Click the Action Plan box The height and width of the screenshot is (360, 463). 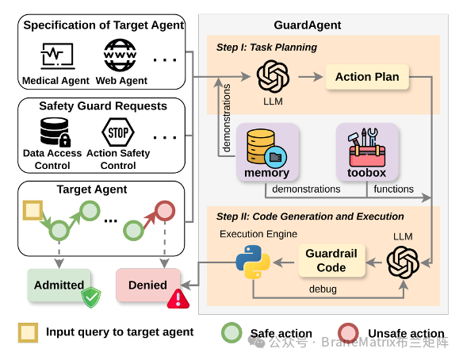367,77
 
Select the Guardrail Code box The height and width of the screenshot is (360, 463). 331,260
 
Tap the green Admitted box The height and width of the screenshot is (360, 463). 59,285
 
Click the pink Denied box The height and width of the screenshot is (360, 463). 148,285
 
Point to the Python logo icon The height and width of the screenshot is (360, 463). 253,262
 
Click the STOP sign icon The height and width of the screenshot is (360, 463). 118,132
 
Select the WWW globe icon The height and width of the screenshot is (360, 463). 120,55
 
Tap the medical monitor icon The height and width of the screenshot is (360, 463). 57,56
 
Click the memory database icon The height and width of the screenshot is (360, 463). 266,147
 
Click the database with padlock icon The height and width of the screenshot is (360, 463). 55,132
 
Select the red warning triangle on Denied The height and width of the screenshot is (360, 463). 178,299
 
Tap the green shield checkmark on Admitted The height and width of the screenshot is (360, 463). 91,297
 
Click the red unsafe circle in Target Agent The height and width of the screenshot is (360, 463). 165,211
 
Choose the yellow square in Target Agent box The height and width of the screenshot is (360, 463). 33,210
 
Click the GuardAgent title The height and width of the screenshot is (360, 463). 308,25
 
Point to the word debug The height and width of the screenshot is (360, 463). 323,289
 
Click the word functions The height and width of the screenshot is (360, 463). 393,189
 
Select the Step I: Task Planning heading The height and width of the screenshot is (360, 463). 266,48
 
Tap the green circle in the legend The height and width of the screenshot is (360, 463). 231,332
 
